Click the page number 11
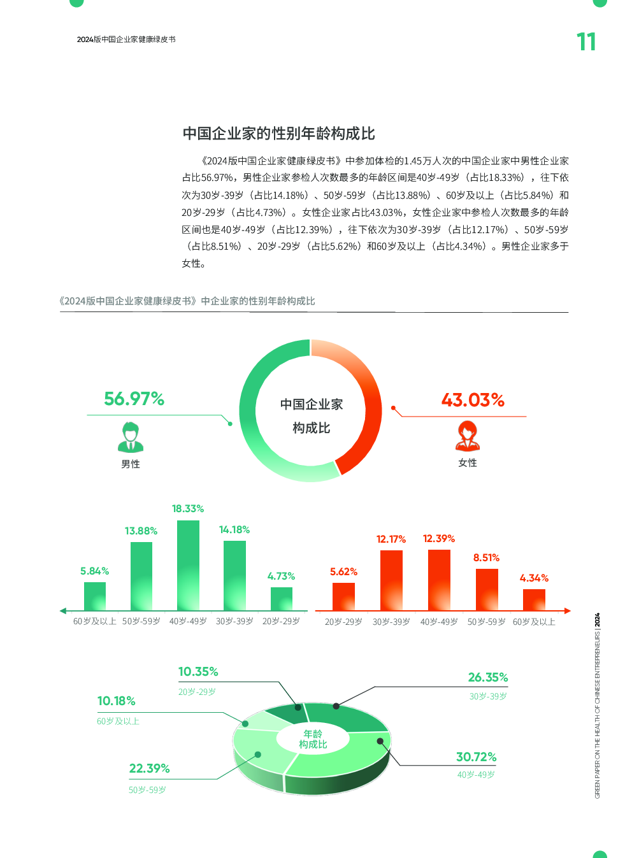586,42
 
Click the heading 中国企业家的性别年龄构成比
278,134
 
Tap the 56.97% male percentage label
134,399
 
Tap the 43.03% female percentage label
473,401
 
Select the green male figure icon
131,437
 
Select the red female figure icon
468,436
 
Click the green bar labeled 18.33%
188,566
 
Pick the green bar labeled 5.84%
95,596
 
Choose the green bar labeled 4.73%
282,599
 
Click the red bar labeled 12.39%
439,580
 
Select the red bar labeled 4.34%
534,600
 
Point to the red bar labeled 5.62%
343,597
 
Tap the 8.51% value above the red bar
486,558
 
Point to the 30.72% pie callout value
476,757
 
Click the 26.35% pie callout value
488,678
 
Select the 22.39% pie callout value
149,769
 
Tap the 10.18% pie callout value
116,701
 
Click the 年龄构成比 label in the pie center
313,740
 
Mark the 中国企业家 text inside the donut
312,404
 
